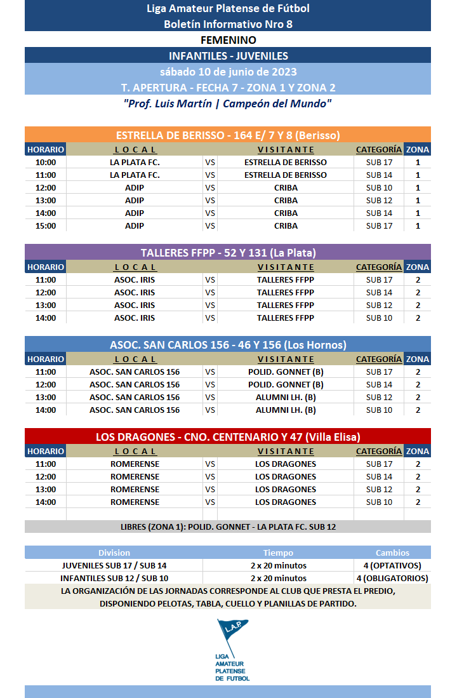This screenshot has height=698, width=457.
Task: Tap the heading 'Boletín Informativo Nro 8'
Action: tap(228, 24)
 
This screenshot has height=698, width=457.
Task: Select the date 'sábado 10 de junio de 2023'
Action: tap(228, 71)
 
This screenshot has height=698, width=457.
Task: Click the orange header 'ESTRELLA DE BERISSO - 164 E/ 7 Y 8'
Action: tap(228, 135)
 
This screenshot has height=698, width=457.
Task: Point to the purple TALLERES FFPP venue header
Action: tap(228, 253)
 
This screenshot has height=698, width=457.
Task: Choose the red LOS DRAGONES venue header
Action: tap(228, 437)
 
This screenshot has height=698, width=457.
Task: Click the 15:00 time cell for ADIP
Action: tap(45, 225)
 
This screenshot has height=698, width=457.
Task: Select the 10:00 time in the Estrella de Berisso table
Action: tap(45, 162)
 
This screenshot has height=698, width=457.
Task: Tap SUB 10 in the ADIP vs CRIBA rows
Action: tap(379, 187)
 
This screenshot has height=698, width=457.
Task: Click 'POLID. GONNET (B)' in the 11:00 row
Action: tap(286, 372)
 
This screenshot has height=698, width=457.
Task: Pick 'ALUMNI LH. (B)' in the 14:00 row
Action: tap(286, 410)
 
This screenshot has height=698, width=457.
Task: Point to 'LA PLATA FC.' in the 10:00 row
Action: tap(135, 162)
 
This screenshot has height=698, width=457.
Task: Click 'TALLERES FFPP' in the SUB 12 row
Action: tap(286, 305)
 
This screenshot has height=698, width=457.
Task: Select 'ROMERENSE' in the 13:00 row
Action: tap(135, 489)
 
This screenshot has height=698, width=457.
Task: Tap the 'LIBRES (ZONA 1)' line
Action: tap(228, 527)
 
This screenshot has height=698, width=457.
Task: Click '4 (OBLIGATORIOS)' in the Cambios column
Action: tap(392, 578)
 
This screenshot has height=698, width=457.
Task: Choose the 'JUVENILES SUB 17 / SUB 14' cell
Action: tap(114, 565)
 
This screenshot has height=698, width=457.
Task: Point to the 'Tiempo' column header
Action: tap(278, 553)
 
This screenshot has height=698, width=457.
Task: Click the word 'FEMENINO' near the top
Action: tap(228, 40)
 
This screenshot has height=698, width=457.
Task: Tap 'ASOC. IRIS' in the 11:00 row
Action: tap(135, 279)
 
